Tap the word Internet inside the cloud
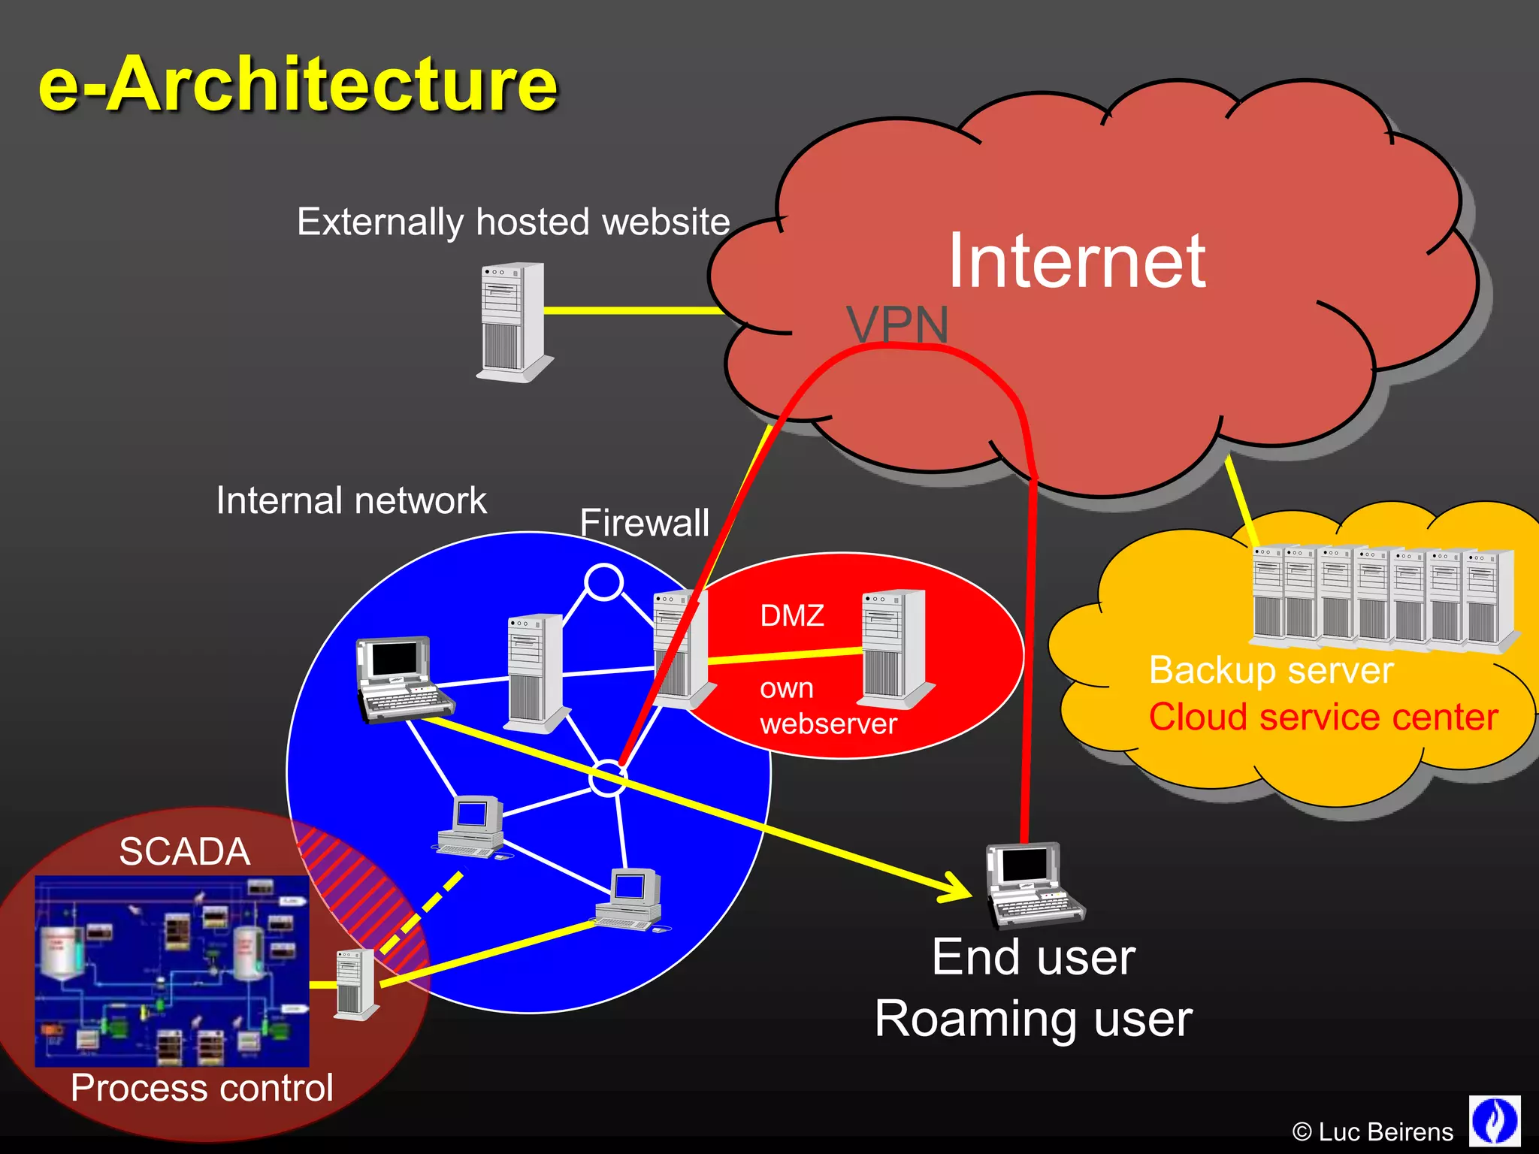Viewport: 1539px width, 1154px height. [1076, 261]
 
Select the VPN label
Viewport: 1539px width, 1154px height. [897, 325]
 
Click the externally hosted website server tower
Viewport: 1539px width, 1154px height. [513, 322]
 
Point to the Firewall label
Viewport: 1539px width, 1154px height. [644, 522]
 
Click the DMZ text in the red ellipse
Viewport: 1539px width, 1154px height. [792, 615]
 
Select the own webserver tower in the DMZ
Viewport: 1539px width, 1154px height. [894, 648]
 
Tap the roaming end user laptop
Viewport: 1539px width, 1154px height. [1034, 885]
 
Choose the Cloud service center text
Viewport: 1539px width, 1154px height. [1323, 717]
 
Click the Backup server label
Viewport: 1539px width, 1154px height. [1271, 670]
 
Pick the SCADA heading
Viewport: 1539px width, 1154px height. [184, 851]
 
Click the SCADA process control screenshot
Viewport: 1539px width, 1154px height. [171, 971]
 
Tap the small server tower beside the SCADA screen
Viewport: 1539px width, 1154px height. [354, 984]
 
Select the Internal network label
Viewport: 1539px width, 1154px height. [351, 500]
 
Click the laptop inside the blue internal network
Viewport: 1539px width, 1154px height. [403, 679]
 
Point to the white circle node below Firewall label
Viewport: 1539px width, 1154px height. [603, 582]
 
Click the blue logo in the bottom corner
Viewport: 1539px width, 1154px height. [1494, 1121]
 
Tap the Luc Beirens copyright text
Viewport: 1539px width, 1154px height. [1372, 1131]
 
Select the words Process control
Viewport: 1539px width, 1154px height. [201, 1088]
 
